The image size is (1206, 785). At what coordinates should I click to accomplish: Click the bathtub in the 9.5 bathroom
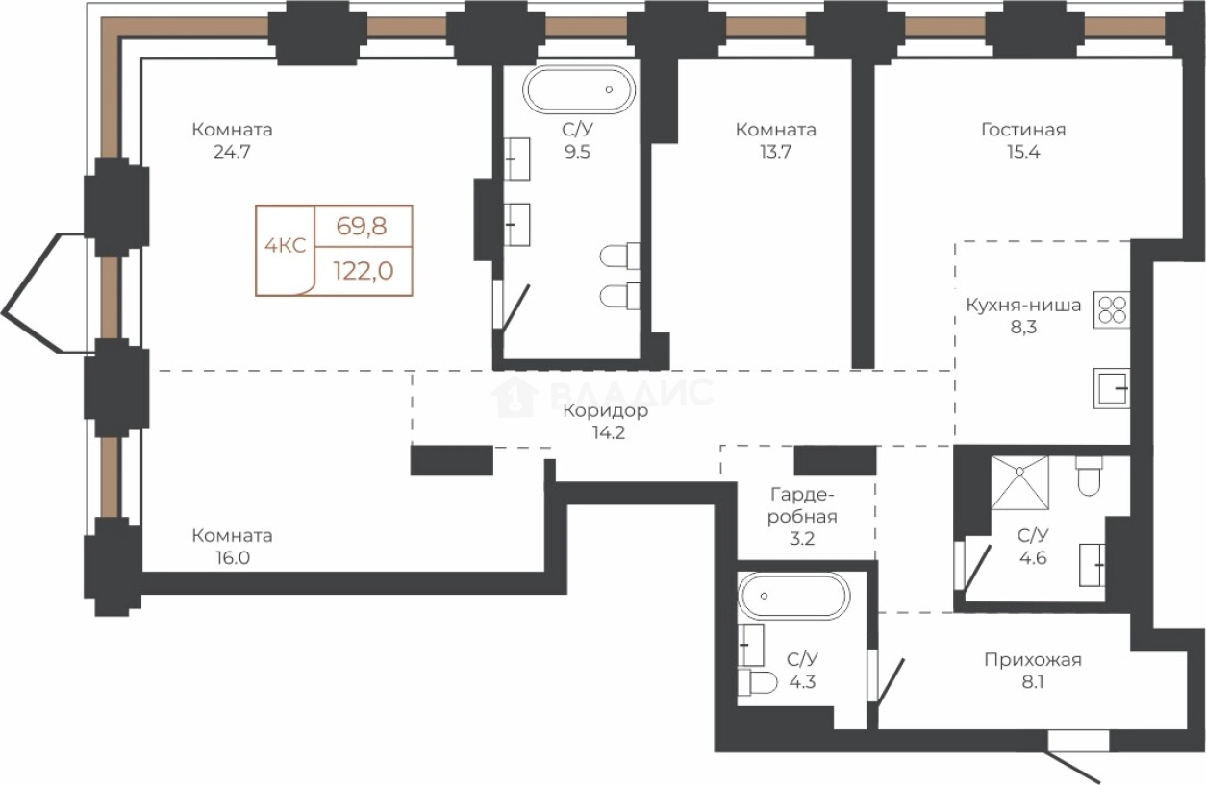[579, 89]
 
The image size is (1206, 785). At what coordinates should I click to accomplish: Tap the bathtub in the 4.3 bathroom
[793, 596]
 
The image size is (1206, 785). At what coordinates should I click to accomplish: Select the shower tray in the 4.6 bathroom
[1020, 482]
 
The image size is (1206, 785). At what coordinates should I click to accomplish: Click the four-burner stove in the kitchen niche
[1111, 310]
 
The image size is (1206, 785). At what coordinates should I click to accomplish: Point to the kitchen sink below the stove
[1111, 388]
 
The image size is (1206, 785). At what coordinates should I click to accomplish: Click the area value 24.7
[232, 152]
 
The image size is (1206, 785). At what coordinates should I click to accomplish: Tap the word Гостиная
[1023, 130]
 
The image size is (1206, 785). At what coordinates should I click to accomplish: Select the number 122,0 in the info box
[364, 271]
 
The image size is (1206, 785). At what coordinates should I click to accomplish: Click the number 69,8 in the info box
[362, 227]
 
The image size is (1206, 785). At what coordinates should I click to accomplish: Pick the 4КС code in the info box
[286, 246]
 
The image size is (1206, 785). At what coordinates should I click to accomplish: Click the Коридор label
[606, 411]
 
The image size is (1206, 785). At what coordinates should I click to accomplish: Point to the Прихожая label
[1033, 660]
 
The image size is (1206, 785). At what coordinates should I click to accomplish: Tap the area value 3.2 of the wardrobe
[802, 539]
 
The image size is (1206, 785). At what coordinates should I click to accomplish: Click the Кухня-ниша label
[1023, 306]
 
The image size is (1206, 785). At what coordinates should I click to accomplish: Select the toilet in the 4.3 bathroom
[758, 682]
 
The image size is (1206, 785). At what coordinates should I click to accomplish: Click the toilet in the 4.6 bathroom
[1090, 477]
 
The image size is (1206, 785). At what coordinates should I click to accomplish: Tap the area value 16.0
[233, 558]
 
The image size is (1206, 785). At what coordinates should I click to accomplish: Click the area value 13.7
[776, 152]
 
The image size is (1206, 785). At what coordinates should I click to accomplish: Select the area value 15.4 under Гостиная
[1023, 152]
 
